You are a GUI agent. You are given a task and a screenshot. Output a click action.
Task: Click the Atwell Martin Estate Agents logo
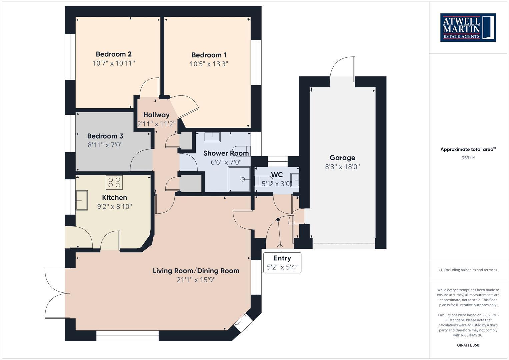[x=468, y=27]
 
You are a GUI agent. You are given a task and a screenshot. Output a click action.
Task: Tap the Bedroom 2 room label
[x=114, y=54]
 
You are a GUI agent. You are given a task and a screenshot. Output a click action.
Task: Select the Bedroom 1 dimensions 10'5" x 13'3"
[x=209, y=64]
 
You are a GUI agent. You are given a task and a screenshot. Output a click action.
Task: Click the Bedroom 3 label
[x=105, y=136]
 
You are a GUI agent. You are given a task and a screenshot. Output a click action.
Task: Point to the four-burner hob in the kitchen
[x=114, y=182]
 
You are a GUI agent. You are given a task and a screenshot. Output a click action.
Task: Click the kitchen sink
[x=81, y=200]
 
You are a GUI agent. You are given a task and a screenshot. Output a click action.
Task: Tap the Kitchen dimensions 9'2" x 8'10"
[x=114, y=207]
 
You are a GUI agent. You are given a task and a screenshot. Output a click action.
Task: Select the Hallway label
[x=156, y=115]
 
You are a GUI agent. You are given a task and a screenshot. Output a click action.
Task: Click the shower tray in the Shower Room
[x=239, y=179]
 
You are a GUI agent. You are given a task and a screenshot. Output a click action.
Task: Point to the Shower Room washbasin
[x=212, y=137]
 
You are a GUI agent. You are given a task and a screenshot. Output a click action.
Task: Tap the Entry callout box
[x=282, y=263]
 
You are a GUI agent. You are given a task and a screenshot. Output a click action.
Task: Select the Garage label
[x=342, y=158]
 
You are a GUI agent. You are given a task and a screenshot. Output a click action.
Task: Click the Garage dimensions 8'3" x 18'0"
[x=342, y=167]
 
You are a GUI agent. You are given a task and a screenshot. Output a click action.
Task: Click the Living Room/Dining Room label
[x=196, y=271]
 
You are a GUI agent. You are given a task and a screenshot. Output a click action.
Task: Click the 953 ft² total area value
[x=468, y=158]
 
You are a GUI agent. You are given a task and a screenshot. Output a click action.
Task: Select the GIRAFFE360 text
[x=468, y=345]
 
